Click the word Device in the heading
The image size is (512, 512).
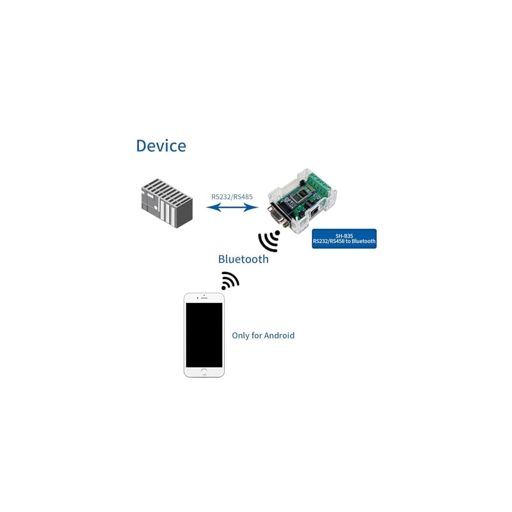161,146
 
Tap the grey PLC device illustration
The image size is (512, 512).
167,203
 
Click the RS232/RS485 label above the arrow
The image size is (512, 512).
232,197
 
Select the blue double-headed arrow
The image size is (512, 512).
232,207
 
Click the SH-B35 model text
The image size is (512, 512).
344,236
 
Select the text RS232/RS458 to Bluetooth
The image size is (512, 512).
344,242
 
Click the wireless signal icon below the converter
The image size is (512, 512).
269,241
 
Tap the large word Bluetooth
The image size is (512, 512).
243,259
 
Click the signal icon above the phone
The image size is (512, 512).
230,281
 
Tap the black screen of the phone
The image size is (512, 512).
204,335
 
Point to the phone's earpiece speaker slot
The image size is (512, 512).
204,298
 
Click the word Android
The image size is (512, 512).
279,336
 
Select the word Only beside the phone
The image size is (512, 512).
241,336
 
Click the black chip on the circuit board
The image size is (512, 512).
303,195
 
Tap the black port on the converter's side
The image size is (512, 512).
313,211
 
